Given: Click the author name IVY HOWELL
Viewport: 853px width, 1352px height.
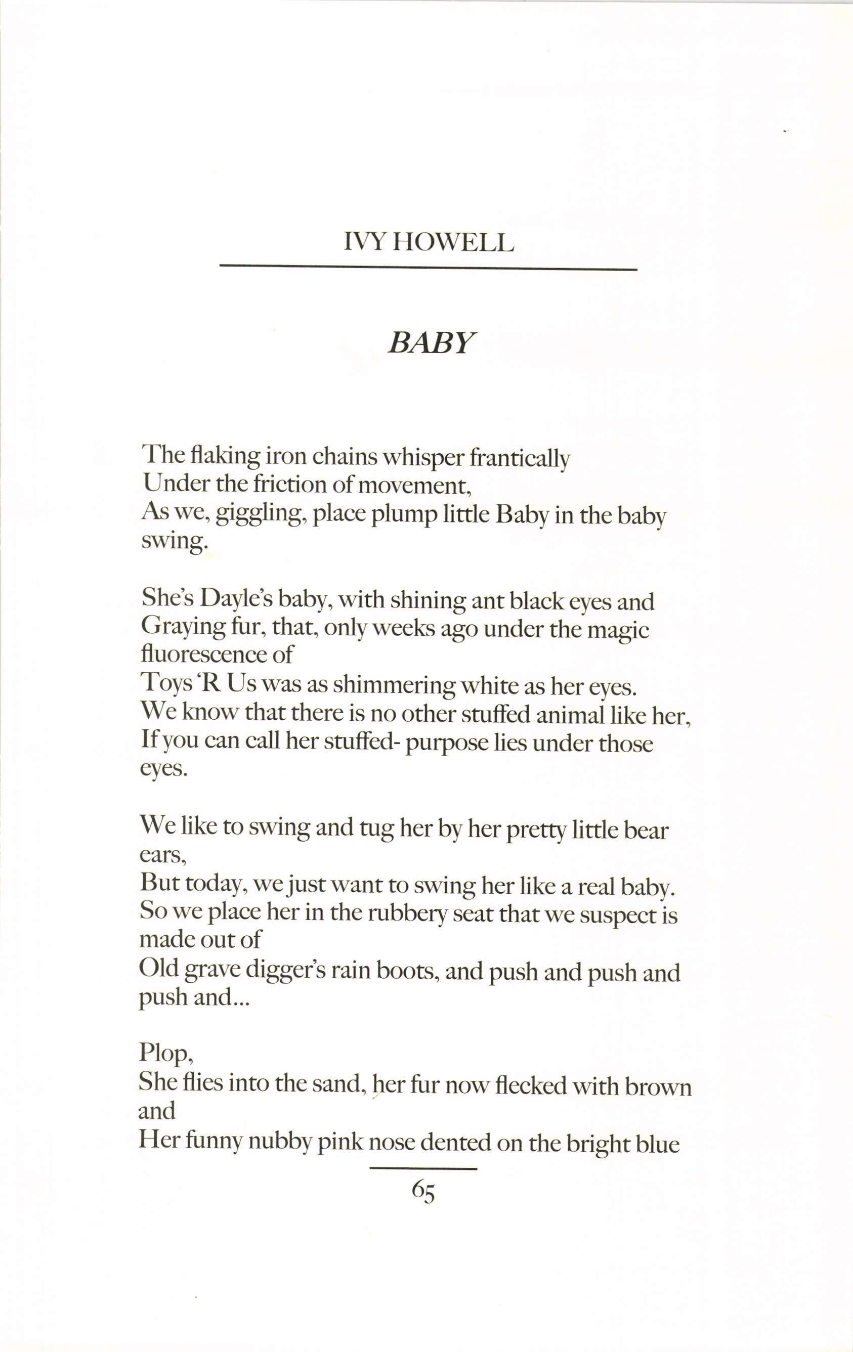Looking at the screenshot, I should click(x=429, y=243).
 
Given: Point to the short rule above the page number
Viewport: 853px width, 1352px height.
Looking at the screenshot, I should click(x=423, y=1168).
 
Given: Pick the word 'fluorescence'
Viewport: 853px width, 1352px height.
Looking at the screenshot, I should click(x=208, y=654).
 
